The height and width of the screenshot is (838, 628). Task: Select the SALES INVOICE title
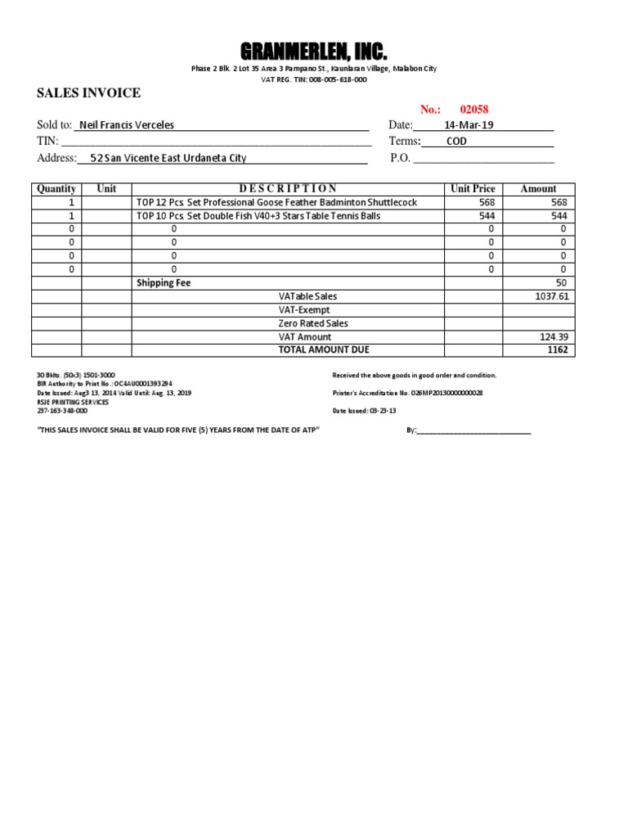coord(88,93)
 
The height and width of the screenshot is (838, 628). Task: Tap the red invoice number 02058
coord(474,110)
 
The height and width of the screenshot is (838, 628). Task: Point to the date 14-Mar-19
coord(469,125)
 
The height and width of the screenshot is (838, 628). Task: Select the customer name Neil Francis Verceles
coord(126,125)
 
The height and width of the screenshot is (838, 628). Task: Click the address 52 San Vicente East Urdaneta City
coord(168,158)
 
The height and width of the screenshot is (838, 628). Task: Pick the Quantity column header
coord(56,188)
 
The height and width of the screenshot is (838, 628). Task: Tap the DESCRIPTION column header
coord(288,188)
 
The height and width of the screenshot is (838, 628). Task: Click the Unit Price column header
coord(473,188)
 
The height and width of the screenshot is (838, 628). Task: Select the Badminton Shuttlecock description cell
coord(276,202)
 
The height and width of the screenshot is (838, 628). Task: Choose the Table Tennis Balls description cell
coord(258,216)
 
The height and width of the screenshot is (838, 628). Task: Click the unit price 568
coord(487,202)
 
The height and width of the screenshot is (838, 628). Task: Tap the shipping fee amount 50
coord(561,282)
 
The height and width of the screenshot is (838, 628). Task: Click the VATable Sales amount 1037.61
coord(551,296)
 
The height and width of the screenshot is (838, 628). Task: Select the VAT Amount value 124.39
coord(554,336)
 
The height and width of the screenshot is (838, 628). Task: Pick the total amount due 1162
coord(557,349)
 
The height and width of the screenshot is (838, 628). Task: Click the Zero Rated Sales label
coord(313,323)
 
